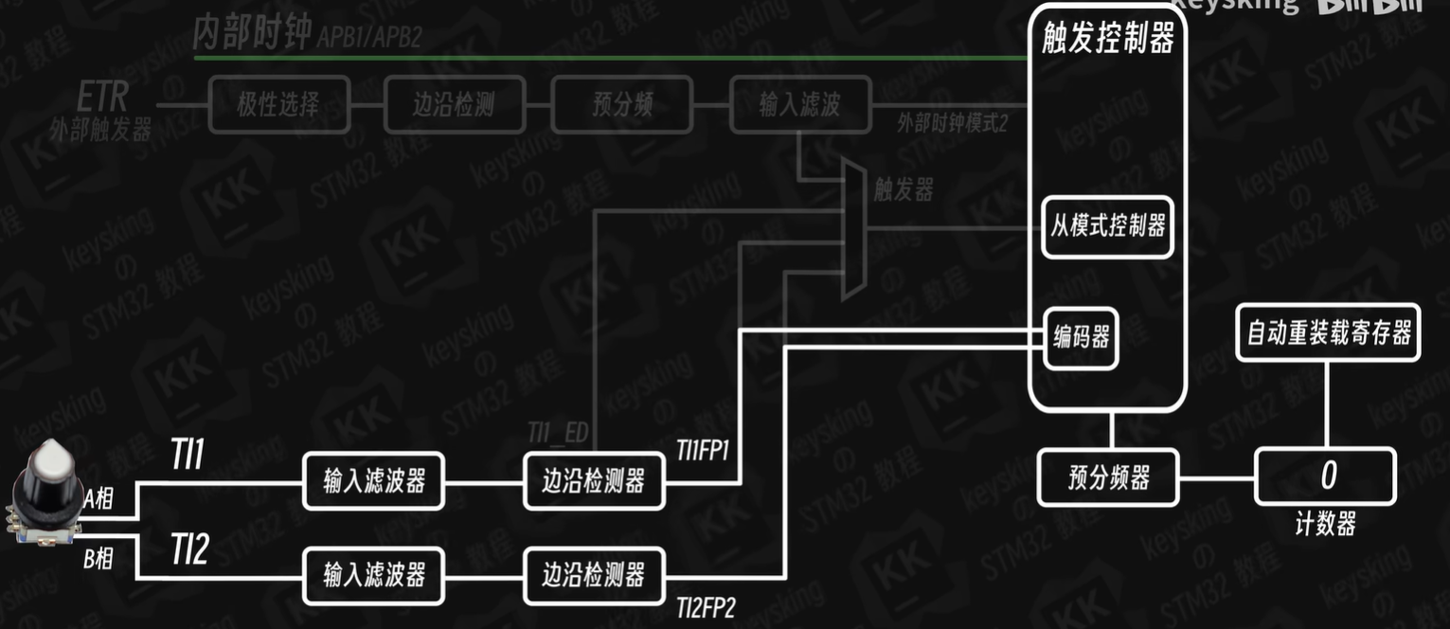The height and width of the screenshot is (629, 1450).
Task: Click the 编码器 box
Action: (1081, 337)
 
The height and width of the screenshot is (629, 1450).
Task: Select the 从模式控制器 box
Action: (1107, 227)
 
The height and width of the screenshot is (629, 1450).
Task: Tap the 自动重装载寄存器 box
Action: (1328, 332)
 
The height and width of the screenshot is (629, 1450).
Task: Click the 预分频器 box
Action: (1108, 477)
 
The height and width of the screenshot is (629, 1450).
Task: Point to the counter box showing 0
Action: (1325, 476)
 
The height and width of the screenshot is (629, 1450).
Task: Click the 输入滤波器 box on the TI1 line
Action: (373, 481)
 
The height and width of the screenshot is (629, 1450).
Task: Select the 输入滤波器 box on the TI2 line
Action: (373, 575)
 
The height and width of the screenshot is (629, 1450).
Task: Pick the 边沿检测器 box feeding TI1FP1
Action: (594, 481)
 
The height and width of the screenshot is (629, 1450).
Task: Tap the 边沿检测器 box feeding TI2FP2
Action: (594, 575)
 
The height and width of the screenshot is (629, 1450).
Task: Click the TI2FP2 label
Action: (706, 608)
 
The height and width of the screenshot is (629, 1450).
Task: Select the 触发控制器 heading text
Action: (1107, 39)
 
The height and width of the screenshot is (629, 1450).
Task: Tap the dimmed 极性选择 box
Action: (277, 104)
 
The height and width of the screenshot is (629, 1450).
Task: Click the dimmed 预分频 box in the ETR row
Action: (623, 104)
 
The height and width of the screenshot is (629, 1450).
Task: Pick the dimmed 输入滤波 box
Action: (799, 104)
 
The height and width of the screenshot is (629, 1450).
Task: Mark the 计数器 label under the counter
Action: (1324, 524)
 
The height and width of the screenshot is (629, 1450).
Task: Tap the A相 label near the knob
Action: (98, 500)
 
